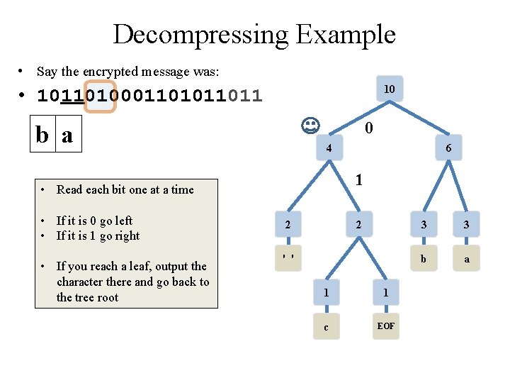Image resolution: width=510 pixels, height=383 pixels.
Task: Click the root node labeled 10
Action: point(389,89)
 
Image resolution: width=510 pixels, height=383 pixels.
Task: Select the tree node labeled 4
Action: point(329,148)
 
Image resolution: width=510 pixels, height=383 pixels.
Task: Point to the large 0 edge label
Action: point(368,128)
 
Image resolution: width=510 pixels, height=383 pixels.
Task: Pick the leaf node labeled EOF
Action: point(386,326)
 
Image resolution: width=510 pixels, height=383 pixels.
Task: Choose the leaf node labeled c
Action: point(326,327)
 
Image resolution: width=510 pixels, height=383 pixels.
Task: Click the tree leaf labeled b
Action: point(424,259)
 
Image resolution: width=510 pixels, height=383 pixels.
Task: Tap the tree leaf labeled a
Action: point(467,259)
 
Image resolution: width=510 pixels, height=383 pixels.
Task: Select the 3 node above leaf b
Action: point(424,225)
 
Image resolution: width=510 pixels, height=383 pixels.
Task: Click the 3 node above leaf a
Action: point(467,225)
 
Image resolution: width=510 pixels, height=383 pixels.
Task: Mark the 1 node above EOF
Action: point(386,292)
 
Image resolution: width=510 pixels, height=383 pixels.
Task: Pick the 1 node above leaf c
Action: point(326,292)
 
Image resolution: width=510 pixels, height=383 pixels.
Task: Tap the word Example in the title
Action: point(346,34)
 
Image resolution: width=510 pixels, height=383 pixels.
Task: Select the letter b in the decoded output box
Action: point(43,134)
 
